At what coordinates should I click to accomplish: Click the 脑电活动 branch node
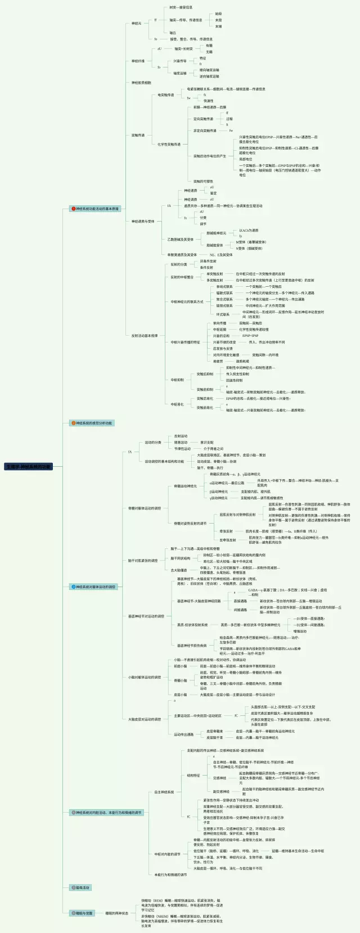click(80, 887)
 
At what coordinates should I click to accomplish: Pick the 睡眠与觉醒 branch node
click(82, 913)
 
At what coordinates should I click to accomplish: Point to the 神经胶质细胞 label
click(141, 83)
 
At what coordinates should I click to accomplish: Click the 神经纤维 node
click(138, 61)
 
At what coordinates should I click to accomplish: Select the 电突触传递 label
click(165, 95)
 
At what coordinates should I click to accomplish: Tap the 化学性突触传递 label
click(169, 145)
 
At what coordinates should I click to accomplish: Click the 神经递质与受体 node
click(143, 222)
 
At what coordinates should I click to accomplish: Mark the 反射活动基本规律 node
click(145, 336)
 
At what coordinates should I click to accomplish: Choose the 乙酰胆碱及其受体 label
click(180, 239)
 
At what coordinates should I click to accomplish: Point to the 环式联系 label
click(223, 314)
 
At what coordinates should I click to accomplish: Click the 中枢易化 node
click(177, 404)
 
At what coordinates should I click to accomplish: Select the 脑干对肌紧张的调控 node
click(143, 561)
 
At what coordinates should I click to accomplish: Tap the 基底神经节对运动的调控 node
click(146, 616)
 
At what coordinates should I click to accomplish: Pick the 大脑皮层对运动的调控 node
click(144, 719)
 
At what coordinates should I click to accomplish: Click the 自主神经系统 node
click(164, 792)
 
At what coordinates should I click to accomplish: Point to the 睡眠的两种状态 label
click(116, 913)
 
